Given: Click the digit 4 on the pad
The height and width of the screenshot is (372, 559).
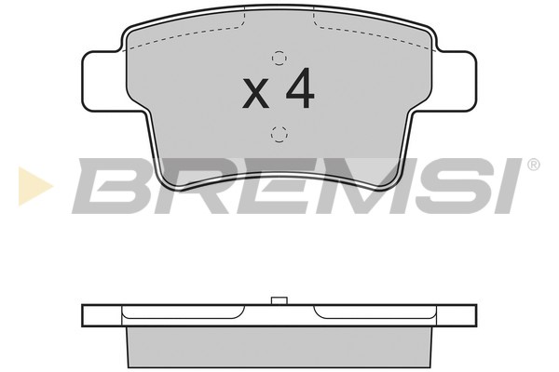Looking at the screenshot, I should tap(300, 89).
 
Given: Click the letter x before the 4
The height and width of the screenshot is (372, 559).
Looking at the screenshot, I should tap(255, 93).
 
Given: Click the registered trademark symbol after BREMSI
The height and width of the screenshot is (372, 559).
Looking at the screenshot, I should tap(533, 165).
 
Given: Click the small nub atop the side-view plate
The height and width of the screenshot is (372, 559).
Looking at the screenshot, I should tap(277, 301).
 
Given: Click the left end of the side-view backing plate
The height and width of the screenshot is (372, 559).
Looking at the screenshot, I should tap(87, 314).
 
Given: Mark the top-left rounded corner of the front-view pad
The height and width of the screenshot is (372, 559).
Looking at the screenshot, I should tap(129, 32).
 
